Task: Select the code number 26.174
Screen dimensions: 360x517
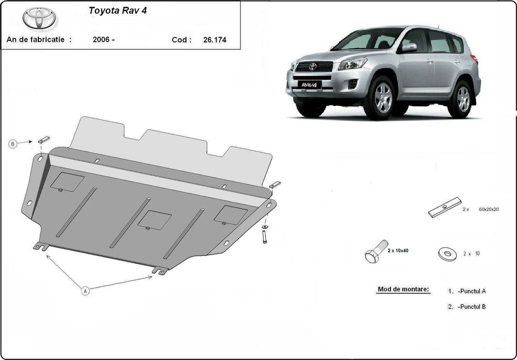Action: pyautogui.click(x=215, y=39)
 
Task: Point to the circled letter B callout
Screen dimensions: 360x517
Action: pyautogui.click(x=13, y=145)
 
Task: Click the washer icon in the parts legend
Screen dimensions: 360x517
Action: pyautogui.click(x=445, y=253)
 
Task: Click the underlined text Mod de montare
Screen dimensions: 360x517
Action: pyautogui.click(x=404, y=290)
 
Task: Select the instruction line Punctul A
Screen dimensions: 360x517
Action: pyautogui.click(x=467, y=291)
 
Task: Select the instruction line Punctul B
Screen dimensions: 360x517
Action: pyautogui.click(x=467, y=307)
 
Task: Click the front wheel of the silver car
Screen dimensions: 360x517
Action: pyautogui.click(x=382, y=98)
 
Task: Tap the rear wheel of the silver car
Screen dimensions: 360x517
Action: pyautogui.click(x=463, y=98)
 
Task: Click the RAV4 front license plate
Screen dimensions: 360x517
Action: pyautogui.click(x=309, y=85)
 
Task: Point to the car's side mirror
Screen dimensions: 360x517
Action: pyautogui.click(x=409, y=48)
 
